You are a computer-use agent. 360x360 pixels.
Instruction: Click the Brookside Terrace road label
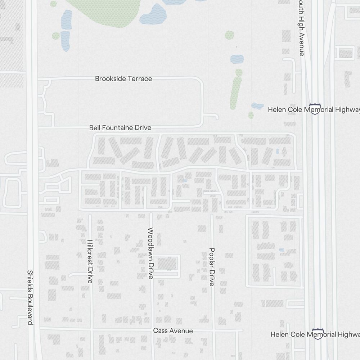pyautogui.click(x=123, y=78)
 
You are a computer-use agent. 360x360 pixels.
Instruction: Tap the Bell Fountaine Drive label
pyautogui.click(x=120, y=128)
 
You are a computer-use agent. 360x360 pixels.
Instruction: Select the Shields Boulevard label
pyautogui.click(x=30, y=297)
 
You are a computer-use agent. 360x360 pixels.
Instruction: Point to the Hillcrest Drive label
pyautogui.click(x=90, y=261)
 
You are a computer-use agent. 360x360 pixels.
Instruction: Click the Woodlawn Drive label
pyautogui.click(x=151, y=253)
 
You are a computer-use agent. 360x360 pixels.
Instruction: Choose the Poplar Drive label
pyautogui.click(x=212, y=267)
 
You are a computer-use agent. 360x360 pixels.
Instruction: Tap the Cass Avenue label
pyautogui.click(x=173, y=331)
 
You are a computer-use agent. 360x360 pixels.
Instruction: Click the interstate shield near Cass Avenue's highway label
pyautogui.click(x=317, y=334)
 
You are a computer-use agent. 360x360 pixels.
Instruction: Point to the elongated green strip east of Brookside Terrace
pyautogui.click(x=236, y=93)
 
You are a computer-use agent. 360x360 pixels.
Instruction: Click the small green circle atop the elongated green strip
pyautogui.click(x=239, y=72)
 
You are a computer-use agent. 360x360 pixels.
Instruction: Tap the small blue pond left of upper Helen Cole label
pyautogui.click(x=257, y=106)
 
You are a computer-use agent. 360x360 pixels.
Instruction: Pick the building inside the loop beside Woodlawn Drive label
pyautogui.click(x=167, y=264)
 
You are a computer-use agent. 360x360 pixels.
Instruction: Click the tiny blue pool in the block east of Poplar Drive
pyautogui.click(x=281, y=250)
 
